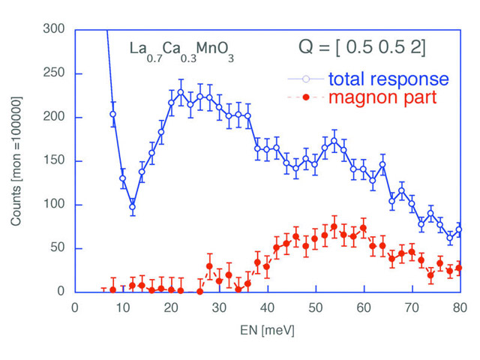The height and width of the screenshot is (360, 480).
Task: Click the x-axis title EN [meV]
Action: (x=267, y=328)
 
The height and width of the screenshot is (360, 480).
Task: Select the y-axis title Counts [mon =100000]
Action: (x=16, y=161)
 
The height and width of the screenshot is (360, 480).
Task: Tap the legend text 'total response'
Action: (x=388, y=79)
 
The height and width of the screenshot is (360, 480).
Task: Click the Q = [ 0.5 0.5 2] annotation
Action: (x=358, y=49)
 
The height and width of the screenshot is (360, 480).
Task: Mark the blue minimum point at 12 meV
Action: (x=132, y=207)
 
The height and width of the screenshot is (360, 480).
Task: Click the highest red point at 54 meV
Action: (x=334, y=226)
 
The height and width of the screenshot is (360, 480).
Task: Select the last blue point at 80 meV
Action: (x=459, y=229)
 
